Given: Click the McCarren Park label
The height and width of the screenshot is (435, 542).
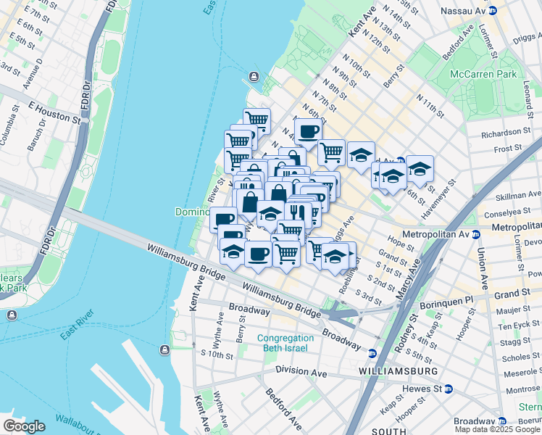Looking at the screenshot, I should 483,74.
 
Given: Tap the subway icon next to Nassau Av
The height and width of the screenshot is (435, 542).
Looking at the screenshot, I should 492,10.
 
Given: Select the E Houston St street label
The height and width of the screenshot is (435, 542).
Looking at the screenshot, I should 54,111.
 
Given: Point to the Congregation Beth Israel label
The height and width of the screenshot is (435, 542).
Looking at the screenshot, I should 286,343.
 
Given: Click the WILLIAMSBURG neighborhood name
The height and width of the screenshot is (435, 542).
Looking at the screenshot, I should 398,370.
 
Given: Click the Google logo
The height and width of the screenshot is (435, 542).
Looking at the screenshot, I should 24,426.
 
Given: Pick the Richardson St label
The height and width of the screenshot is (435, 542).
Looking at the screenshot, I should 505,133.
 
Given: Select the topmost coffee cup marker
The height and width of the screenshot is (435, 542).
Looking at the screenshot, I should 308,131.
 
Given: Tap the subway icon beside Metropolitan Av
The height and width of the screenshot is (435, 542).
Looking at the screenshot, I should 476,234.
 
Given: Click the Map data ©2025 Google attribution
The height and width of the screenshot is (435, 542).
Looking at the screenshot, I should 497,429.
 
